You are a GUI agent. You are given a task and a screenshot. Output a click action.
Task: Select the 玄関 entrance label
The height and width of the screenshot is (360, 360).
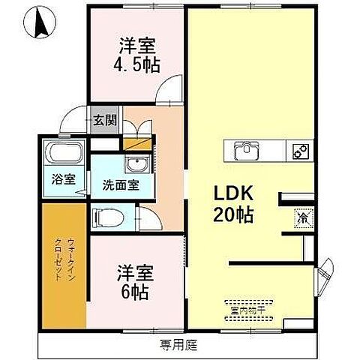(104, 119)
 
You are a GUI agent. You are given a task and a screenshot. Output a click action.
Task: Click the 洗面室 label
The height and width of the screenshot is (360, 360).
(120, 184)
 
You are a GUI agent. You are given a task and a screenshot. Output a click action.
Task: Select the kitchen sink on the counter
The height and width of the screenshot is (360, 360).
(247, 150)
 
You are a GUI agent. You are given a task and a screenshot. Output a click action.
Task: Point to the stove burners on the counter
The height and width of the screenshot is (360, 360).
(300, 151)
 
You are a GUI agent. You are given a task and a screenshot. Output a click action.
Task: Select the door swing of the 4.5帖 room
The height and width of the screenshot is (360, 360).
(172, 93)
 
